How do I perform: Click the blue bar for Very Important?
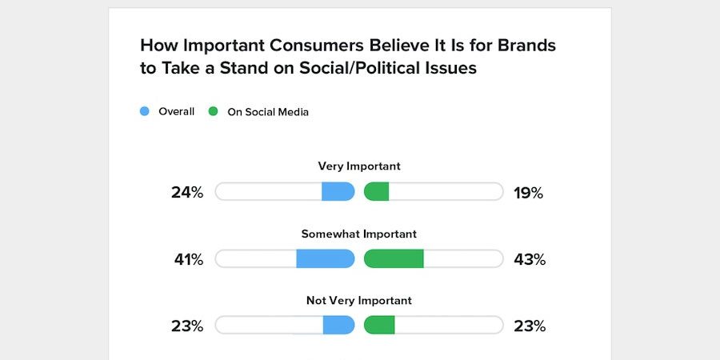click(338, 192)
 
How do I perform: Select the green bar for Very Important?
click(377, 192)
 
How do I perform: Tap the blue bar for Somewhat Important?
click(325, 258)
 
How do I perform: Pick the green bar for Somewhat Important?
click(394, 258)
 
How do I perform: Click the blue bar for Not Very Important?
click(338, 325)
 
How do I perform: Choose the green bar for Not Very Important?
click(380, 325)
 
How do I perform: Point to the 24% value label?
click(187, 193)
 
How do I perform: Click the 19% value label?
click(528, 193)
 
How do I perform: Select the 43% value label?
click(529, 259)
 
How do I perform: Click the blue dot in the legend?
click(145, 112)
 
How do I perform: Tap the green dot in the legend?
click(214, 112)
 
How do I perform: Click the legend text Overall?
click(176, 112)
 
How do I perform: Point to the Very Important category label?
click(359, 166)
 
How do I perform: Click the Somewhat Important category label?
click(359, 234)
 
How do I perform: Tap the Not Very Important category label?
click(359, 301)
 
